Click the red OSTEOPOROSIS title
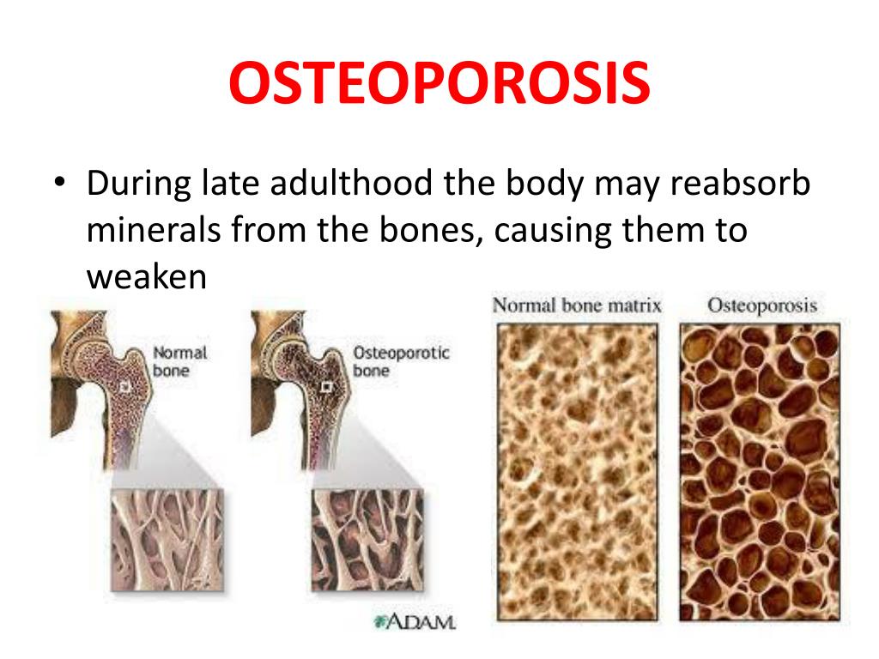(x=439, y=82)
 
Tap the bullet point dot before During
(x=60, y=183)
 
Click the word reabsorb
(x=740, y=183)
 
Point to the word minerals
(x=153, y=229)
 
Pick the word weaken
(x=147, y=277)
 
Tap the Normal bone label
(x=179, y=361)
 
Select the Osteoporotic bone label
(x=401, y=361)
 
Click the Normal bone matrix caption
(x=577, y=305)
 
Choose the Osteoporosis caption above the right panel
(x=762, y=305)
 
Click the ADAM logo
(x=415, y=621)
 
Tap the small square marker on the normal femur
(x=125, y=387)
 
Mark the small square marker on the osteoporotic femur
(x=325, y=387)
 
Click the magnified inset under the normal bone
(x=167, y=540)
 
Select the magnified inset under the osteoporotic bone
(x=367, y=540)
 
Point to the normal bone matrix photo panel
(x=578, y=473)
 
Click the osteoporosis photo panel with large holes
(x=761, y=473)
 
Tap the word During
(x=139, y=184)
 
